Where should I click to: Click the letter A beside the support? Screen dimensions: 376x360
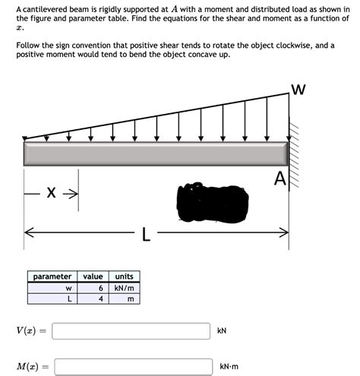pos(280,179)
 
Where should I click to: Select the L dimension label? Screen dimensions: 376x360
pos(146,235)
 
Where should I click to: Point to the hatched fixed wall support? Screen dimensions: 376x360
pos(295,163)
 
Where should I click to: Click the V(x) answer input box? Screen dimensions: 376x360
pos(131,331)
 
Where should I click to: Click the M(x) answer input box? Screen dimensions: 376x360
pos(133,366)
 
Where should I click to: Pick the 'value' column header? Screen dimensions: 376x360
pos(93,276)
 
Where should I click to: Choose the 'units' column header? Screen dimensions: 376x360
pos(123,276)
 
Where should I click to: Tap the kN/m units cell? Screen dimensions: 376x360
pos(124,288)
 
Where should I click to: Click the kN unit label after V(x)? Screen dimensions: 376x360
pos(222,331)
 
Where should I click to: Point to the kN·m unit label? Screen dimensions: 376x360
pos(229,366)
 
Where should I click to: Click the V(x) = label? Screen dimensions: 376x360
pos(31,331)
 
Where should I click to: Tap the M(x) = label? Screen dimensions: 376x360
pos(32,366)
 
